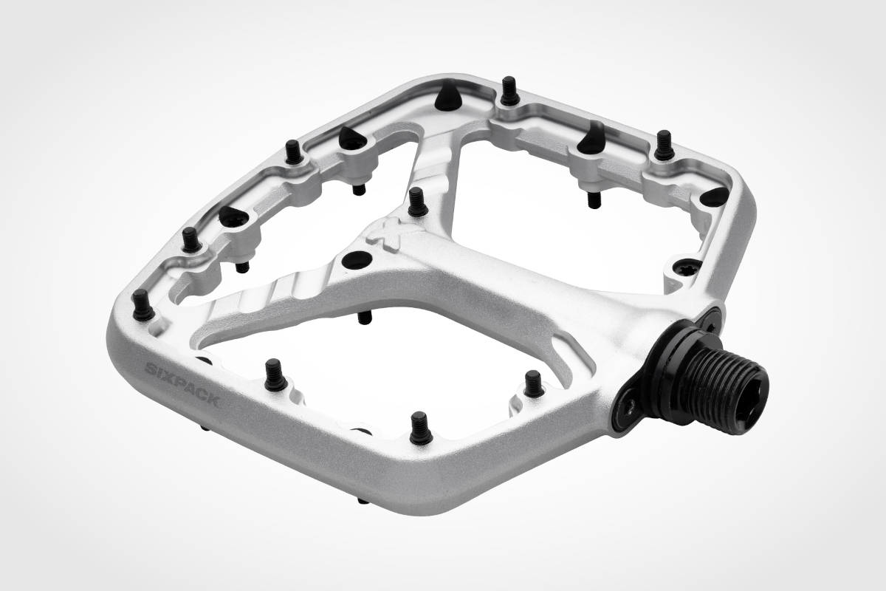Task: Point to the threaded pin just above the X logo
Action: point(417,202)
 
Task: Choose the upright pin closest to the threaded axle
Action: point(533,383)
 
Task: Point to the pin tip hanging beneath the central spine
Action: point(364,318)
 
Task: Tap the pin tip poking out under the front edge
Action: point(362,499)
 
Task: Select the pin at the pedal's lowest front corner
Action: point(421,428)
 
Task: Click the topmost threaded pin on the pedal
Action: point(509,92)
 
